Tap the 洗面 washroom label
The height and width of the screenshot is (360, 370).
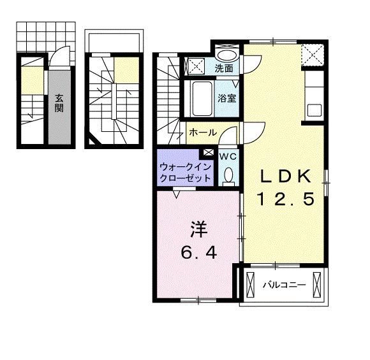(223, 67)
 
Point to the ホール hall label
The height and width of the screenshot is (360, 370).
(202, 133)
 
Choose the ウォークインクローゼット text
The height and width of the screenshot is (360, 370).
(185, 173)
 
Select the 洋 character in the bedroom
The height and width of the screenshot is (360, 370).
(198, 229)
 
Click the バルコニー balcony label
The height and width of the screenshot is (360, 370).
(285, 284)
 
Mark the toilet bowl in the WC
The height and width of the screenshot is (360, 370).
(228, 175)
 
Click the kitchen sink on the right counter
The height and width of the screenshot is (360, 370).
(314, 109)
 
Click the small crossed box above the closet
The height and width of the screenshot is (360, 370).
(209, 153)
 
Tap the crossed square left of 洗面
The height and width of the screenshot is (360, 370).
(196, 64)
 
